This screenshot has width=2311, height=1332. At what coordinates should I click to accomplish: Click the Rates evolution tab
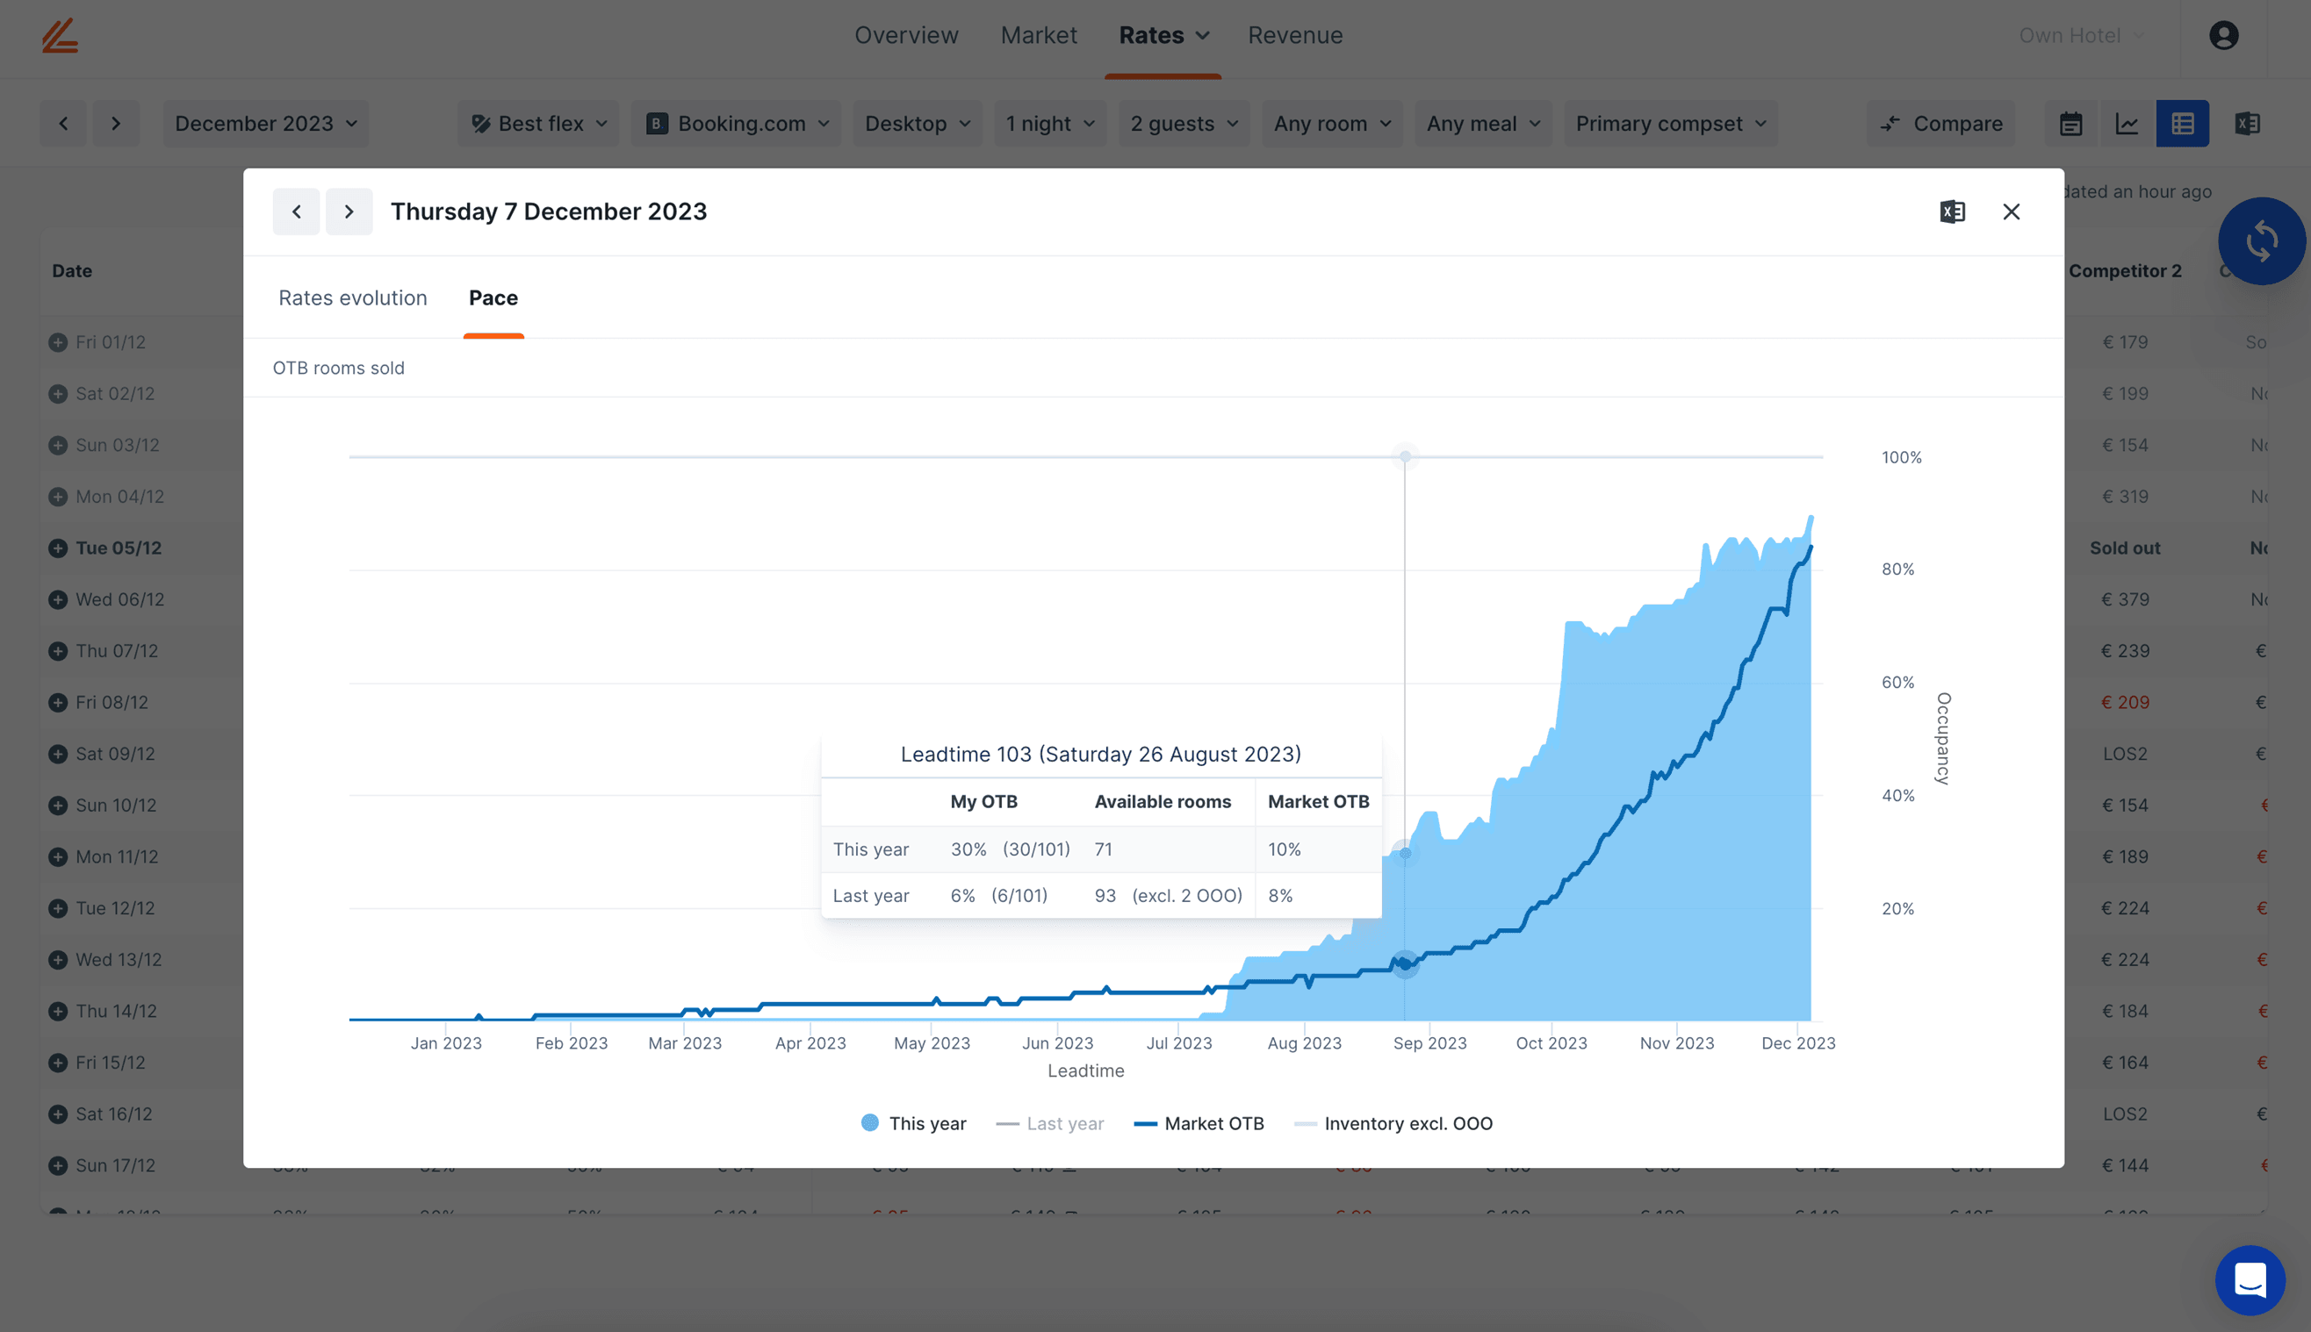coord(352,298)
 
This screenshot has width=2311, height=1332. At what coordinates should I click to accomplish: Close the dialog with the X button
coord(2011,212)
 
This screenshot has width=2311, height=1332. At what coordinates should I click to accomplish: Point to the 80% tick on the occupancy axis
coord(1897,569)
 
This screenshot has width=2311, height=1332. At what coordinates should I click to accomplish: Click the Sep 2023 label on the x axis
coord(1429,1043)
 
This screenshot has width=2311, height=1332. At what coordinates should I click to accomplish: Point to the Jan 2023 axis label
coord(446,1043)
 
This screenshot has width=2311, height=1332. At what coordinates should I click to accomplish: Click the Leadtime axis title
coord(1085,1071)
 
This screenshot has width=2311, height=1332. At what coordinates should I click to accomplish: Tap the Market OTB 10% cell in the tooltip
coord(1284,849)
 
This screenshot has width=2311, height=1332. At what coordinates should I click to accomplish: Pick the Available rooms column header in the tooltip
coord(1163,801)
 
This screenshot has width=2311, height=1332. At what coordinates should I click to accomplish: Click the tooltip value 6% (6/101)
coord(998,896)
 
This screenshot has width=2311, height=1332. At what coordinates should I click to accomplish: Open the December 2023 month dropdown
coord(265,124)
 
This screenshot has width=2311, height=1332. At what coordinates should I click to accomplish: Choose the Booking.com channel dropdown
coord(737,124)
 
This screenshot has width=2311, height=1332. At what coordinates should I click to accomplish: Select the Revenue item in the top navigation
coord(1295,36)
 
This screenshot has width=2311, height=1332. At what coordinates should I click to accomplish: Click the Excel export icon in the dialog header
coord(1951,212)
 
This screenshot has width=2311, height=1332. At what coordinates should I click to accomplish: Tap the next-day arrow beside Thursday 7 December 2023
coord(349,212)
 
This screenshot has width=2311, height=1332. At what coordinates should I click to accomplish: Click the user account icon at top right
coord(2223,36)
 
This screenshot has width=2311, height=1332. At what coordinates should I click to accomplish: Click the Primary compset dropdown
coord(1670,124)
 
